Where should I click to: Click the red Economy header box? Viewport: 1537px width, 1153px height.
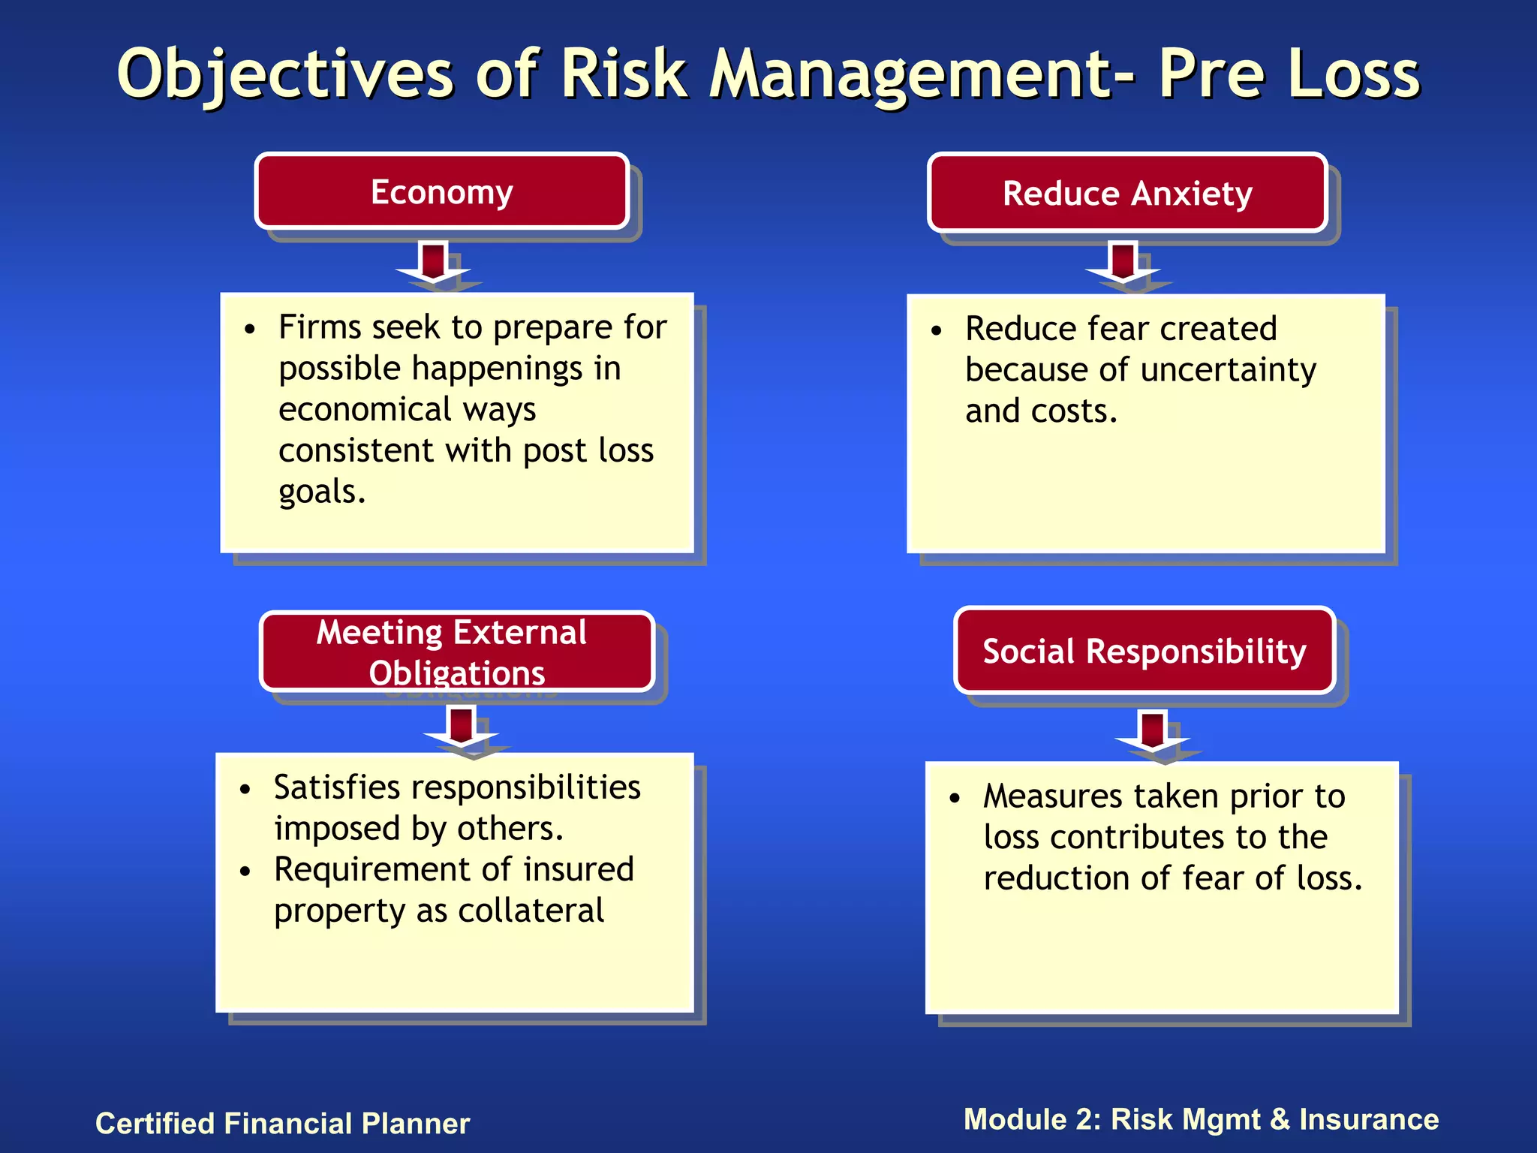click(441, 191)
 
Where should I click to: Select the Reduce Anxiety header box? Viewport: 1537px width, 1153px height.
click(1127, 193)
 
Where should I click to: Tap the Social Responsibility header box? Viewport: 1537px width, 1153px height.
click(1144, 650)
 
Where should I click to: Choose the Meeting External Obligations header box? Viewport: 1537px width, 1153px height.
click(456, 652)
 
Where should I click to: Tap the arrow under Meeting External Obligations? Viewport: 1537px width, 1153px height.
click(461, 728)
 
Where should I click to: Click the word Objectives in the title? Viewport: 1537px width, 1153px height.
click(285, 74)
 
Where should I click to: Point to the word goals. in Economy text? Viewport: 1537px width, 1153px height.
click(322, 492)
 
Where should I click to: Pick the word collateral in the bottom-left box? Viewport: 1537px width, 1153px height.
click(531, 911)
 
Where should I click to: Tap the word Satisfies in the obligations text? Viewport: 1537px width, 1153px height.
click(337, 787)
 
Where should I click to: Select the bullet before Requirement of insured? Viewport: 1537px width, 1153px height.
click(245, 872)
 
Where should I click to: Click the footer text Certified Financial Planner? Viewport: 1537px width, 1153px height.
click(282, 1123)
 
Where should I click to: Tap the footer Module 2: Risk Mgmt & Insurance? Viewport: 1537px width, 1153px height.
click(1201, 1118)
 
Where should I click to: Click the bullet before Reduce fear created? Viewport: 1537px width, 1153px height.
click(936, 331)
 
